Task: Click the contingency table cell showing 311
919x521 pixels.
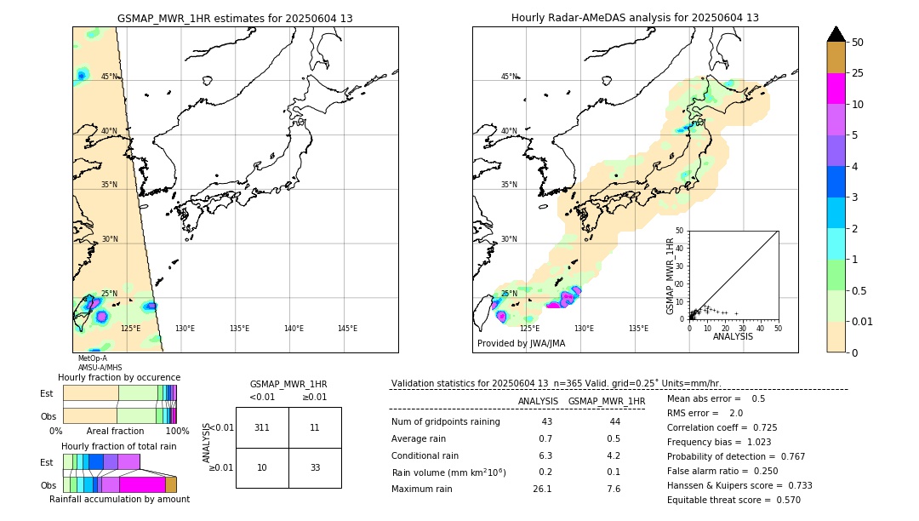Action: click(262, 427)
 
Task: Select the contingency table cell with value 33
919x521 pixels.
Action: click(315, 468)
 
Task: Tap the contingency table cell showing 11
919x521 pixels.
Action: click(315, 427)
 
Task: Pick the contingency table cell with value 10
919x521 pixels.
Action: click(262, 468)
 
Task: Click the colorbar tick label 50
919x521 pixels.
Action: click(858, 43)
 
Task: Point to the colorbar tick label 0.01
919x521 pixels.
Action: click(863, 321)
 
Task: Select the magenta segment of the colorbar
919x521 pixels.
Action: click(836, 89)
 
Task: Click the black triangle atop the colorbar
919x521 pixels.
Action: click(836, 34)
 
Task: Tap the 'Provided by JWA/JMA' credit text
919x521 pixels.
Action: click(521, 344)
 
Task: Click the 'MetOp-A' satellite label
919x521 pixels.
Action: click(93, 358)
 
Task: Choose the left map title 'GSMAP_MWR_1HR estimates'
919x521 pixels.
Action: click(235, 18)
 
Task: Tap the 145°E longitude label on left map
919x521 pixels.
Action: click(347, 329)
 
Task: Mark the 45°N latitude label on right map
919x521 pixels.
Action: click(509, 77)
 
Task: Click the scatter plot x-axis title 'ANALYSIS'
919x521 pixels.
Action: click(733, 336)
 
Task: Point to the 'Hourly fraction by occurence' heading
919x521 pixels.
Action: click(119, 377)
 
